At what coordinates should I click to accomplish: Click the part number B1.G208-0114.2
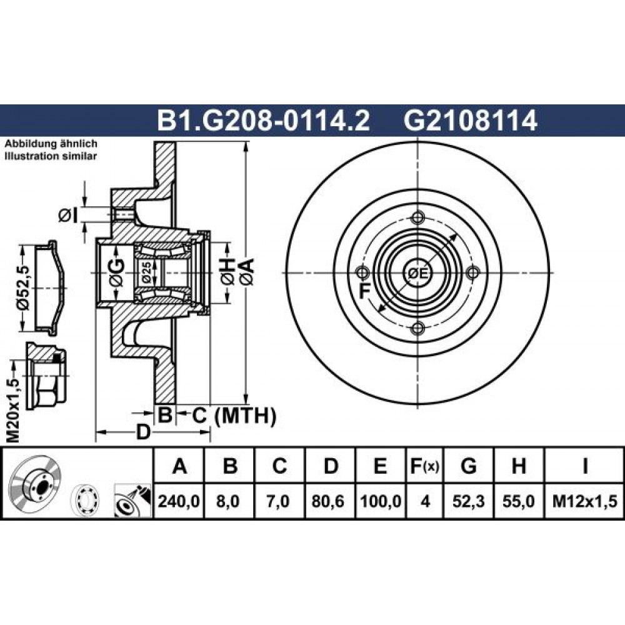264,121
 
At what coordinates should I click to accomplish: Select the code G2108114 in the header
471,121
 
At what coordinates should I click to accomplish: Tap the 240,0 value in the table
179,501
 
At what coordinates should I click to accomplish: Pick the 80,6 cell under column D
331,501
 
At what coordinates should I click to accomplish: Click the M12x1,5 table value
584,501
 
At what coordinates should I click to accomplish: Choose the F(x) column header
424,466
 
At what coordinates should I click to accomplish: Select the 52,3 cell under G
468,501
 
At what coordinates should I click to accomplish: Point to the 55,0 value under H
518,501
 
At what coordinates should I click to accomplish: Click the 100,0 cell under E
380,501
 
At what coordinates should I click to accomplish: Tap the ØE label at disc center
417,273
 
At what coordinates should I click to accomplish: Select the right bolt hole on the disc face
472,273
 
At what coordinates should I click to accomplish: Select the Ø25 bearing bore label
146,273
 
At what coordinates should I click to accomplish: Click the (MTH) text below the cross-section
245,416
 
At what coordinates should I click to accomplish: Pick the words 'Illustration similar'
51,156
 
